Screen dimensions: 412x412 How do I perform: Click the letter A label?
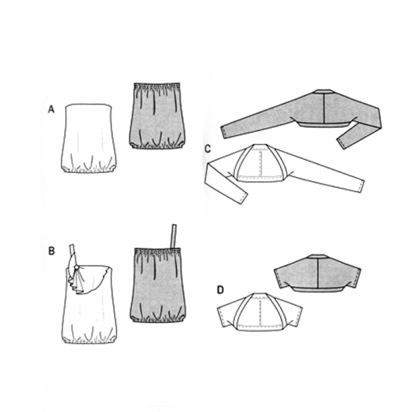coord(51,110)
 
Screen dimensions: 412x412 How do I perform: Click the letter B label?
coord(51,251)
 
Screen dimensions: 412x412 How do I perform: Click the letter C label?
coord(208,149)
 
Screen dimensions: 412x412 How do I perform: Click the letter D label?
coord(221,290)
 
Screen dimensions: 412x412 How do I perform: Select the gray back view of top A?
coord(156,116)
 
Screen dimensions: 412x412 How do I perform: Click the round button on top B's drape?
coord(78,267)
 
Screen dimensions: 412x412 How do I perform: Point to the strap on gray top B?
coord(174,236)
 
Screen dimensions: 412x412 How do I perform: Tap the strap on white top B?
coord(73,250)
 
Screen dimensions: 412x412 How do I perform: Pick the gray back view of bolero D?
coord(317,274)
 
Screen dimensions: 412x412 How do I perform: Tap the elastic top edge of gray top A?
coord(156,86)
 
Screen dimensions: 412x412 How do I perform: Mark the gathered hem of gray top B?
coord(156,318)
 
